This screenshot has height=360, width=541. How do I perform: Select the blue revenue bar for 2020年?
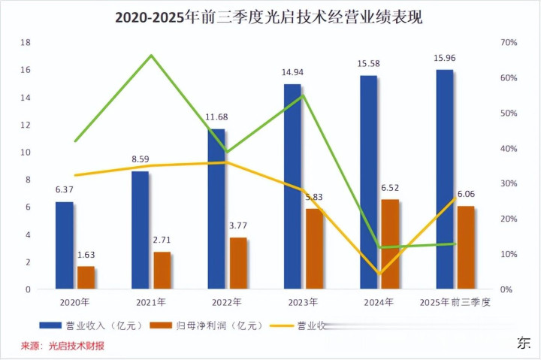click(65, 245)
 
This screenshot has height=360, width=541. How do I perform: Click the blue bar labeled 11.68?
click(216, 209)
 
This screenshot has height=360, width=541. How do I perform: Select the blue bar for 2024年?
click(368, 182)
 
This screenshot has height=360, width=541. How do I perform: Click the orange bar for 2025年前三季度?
click(466, 247)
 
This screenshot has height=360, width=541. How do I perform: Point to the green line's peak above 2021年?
click(152, 56)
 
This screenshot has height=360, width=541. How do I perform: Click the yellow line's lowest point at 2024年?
click(379, 274)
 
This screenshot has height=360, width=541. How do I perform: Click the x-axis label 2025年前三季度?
click(455, 302)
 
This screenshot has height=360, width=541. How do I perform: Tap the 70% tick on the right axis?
click(509, 43)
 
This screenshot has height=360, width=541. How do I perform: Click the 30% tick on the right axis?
click(509, 184)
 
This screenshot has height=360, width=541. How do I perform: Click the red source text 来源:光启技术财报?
click(62, 346)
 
